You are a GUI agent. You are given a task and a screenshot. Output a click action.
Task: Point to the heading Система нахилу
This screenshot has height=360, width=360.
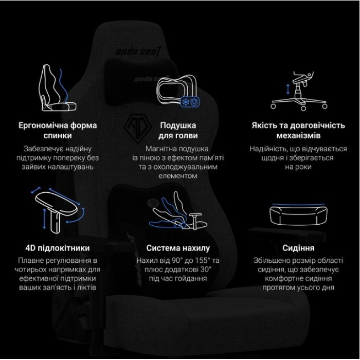(x=178, y=248)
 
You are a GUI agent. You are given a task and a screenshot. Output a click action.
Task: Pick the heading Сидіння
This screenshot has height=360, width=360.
(x=298, y=248)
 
